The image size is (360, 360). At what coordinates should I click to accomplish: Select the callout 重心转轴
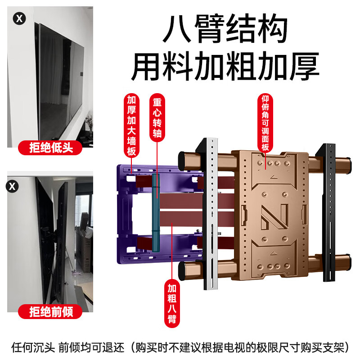(x=157, y=118)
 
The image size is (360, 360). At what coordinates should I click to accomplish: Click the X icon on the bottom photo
(x=13, y=185)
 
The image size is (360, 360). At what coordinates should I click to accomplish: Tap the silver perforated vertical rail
(x=210, y=216)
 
